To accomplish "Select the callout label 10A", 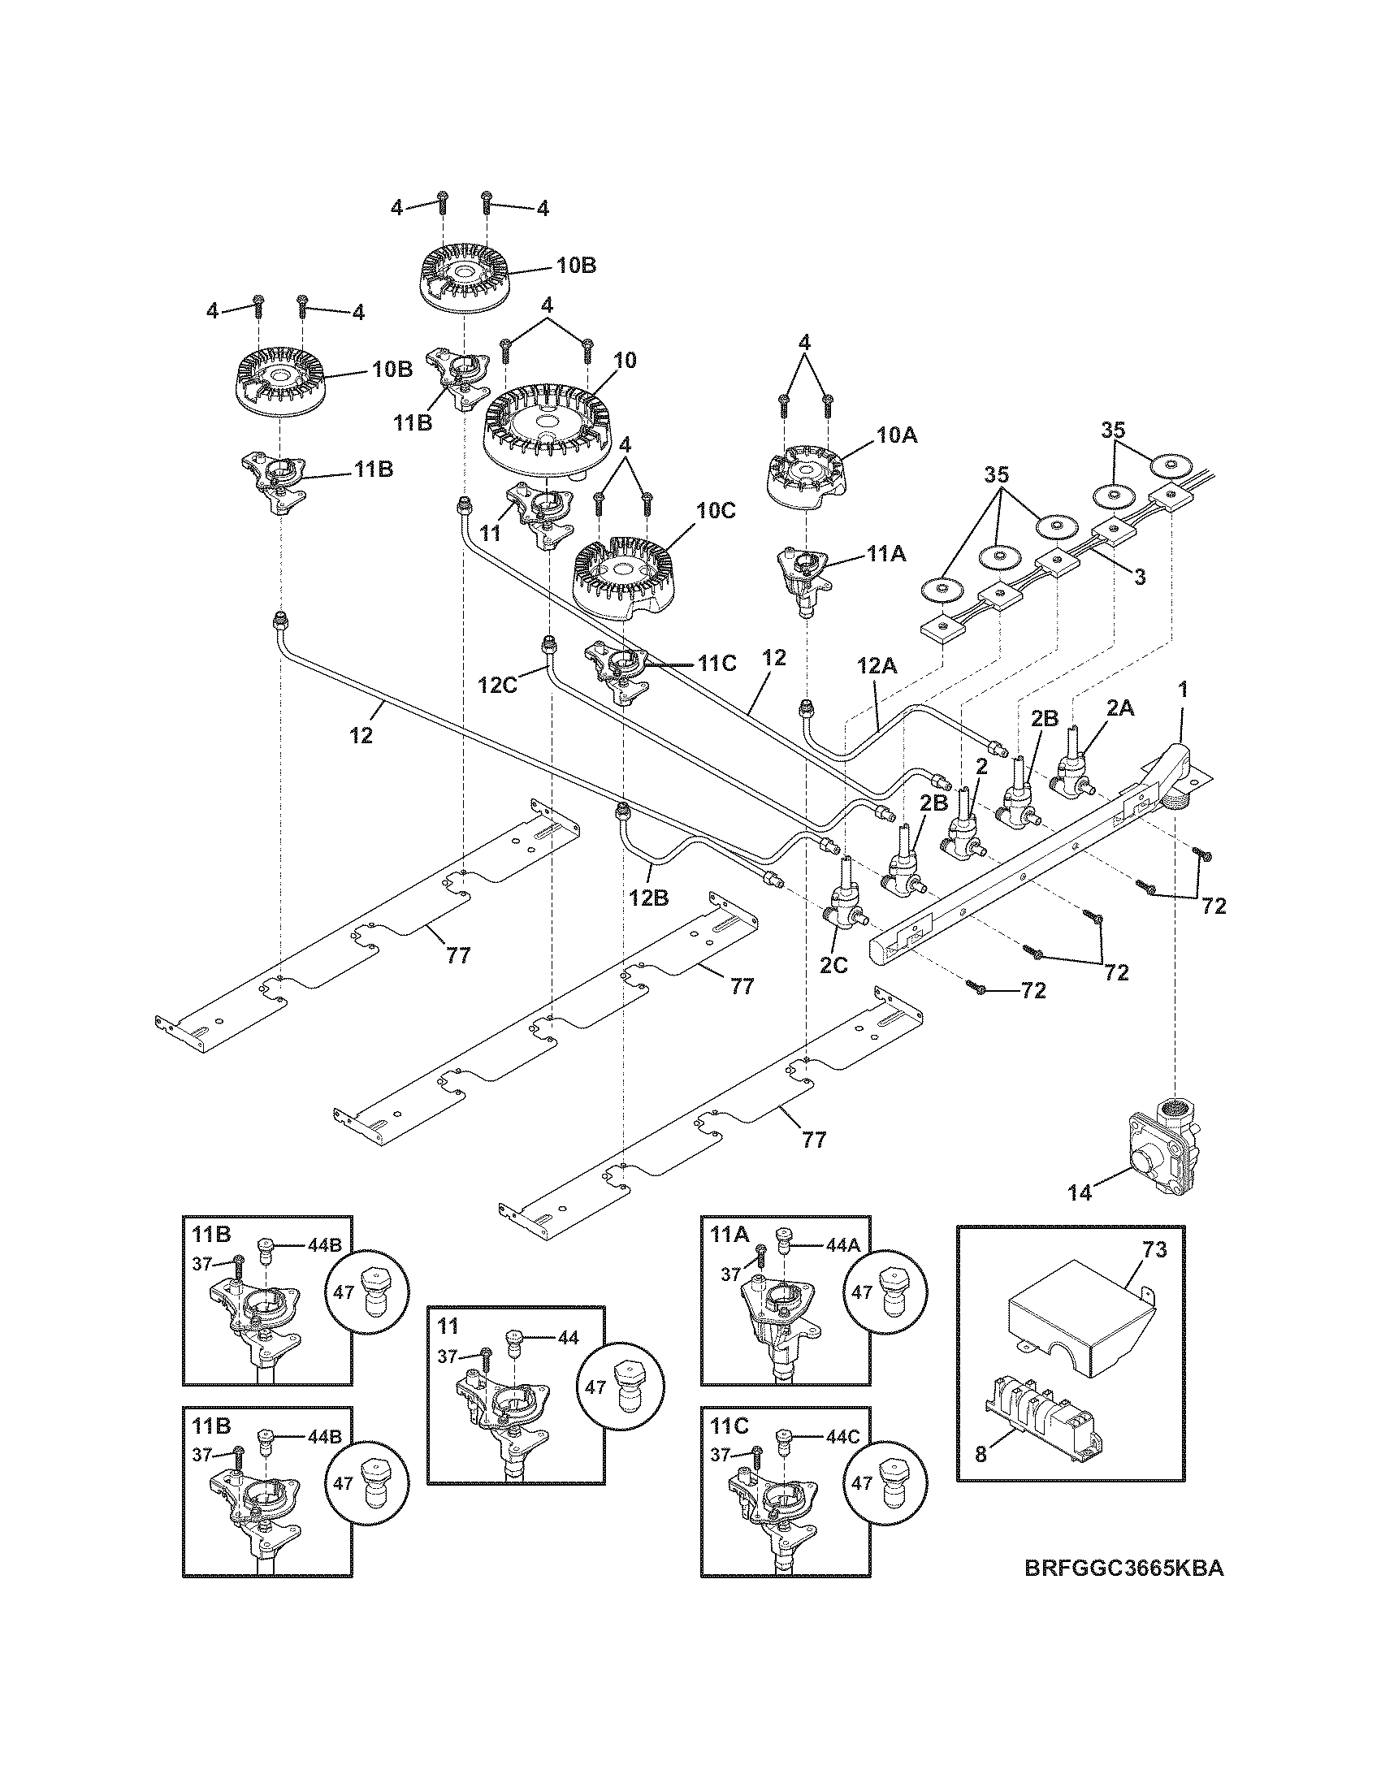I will [x=897, y=436].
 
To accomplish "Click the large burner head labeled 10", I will [x=540, y=430].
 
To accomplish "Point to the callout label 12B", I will [x=650, y=898].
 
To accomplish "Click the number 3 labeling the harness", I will [x=1139, y=576].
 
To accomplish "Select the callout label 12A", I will [x=878, y=667].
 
